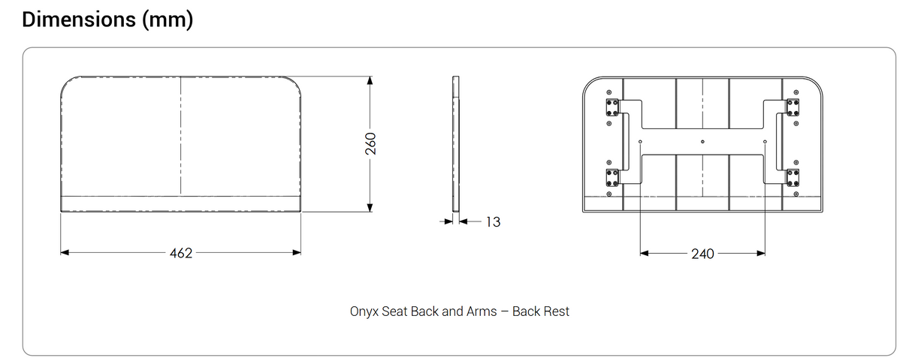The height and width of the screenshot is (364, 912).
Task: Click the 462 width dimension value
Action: [181, 253]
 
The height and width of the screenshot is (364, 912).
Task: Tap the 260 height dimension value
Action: [370, 143]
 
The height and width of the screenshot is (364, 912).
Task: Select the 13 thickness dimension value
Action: [493, 221]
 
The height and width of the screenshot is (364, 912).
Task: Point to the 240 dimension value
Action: [702, 254]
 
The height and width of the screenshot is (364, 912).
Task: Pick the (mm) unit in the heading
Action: [167, 20]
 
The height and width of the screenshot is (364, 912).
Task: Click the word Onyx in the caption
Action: [364, 311]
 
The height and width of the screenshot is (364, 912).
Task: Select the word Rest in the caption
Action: [557, 311]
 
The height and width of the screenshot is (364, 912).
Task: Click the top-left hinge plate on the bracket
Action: [612, 107]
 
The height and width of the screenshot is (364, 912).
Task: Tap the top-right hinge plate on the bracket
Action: [793, 107]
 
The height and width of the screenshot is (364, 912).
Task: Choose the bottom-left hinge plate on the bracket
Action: [612, 177]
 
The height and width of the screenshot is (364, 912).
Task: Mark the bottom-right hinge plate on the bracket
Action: [793, 177]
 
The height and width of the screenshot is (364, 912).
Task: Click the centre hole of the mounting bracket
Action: [702, 142]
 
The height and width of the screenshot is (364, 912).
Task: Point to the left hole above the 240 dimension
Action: [640, 142]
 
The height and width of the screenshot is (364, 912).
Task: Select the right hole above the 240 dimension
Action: [765, 142]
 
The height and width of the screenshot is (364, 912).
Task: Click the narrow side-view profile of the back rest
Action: [454, 143]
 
